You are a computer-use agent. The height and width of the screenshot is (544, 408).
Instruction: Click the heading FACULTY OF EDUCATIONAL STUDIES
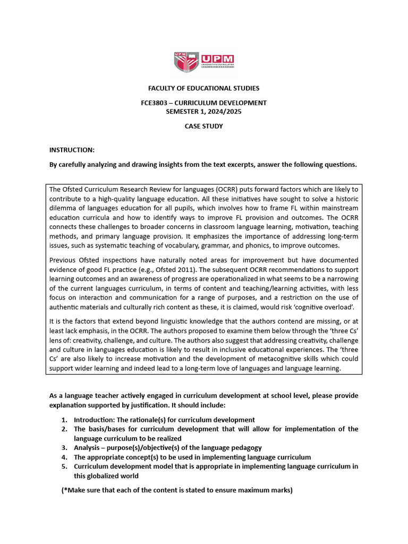pos(203,88)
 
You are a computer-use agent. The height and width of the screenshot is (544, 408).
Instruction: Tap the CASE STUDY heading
pos(203,126)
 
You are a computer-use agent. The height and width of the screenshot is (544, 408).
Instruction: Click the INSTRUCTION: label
pos(72,150)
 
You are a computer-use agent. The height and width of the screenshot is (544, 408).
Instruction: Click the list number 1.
pos(64,420)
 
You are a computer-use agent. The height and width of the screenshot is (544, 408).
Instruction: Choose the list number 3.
pos(64,448)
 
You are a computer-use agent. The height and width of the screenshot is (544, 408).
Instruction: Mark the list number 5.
pos(64,466)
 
